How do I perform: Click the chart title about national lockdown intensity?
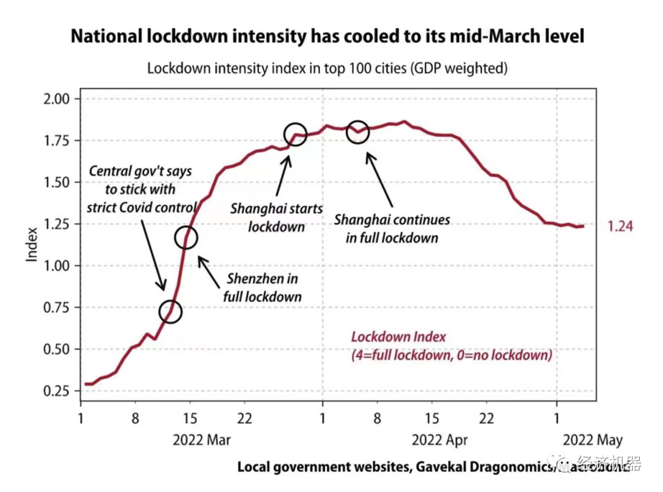coord(327,36)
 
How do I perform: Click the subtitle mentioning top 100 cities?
coord(327,68)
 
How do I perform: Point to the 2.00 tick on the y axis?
coord(59,99)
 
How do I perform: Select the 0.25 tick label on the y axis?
coord(59,391)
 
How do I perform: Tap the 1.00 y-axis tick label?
coord(59,266)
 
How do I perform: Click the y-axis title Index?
coord(32,245)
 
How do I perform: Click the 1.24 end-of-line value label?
coord(620,227)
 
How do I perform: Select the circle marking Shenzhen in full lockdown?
coord(186,238)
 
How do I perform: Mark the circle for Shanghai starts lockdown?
coord(295,135)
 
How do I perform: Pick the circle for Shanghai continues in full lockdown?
coord(357,131)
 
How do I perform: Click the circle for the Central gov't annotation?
coord(171,312)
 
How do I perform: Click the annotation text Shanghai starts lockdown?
coord(276,217)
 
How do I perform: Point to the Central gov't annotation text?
coord(141,189)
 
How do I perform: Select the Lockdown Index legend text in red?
coord(451,346)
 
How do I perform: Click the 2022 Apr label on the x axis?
coord(440,440)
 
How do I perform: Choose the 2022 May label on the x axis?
coord(592,440)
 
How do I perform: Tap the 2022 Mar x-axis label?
coord(201,440)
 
